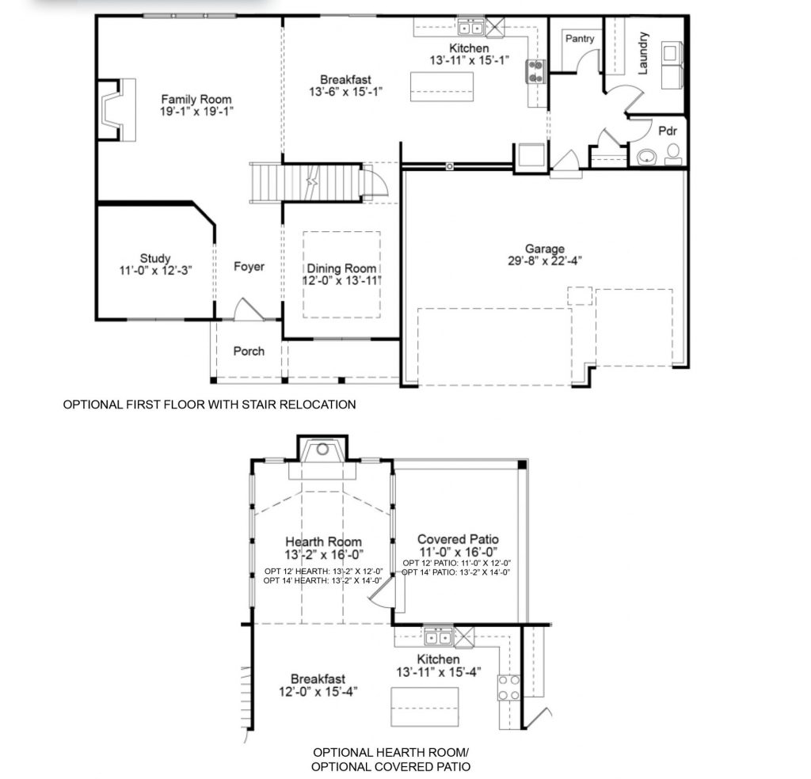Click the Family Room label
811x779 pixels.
(x=196, y=99)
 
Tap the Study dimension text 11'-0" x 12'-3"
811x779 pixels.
(x=156, y=270)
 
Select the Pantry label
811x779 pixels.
(x=579, y=39)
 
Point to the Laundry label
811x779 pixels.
(x=643, y=53)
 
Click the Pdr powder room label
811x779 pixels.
(x=667, y=131)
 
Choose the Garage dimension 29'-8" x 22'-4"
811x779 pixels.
(x=545, y=260)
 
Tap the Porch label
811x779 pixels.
(x=249, y=351)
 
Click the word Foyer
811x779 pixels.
(x=249, y=267)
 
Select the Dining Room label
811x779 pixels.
(x=341, y=269)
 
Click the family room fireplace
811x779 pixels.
(x=117, y=109)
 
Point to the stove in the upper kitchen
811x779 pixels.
(x=535, y=71)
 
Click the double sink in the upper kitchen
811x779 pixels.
(x=470, y=27)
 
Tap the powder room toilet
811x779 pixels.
(x=673, y=154)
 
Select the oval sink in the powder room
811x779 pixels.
(x=646, y=156)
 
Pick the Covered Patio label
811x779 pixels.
(x=458, y=540)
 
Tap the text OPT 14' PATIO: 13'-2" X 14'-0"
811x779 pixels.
(x=456, y=572)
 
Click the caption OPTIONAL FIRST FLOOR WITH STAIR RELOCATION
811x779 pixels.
(x=209, y=405)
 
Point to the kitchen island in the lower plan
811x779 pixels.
(x=425, y=707)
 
